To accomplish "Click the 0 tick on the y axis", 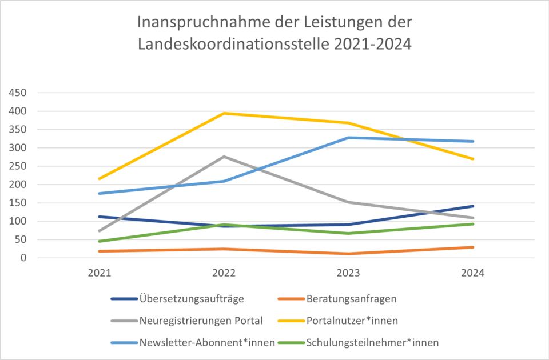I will click(x=25, y=258).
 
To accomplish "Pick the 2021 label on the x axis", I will click(x=99, y=273).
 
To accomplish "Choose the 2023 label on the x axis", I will click(x=348, y=273).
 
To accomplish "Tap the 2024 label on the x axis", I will click(x=473, y=273).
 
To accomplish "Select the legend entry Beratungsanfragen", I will click(x=351, y=298).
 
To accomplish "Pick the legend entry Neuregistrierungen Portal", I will click(x=200, y=321).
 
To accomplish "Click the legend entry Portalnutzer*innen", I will click(x=352, y=321).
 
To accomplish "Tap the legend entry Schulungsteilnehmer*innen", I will click(x=372, y=343).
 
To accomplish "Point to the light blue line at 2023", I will click(x=348, y=138).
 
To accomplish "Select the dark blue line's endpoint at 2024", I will click(x=473, y=206).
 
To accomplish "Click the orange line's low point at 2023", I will click(x=348, y=254).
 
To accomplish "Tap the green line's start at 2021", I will click(x=99, y=241).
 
